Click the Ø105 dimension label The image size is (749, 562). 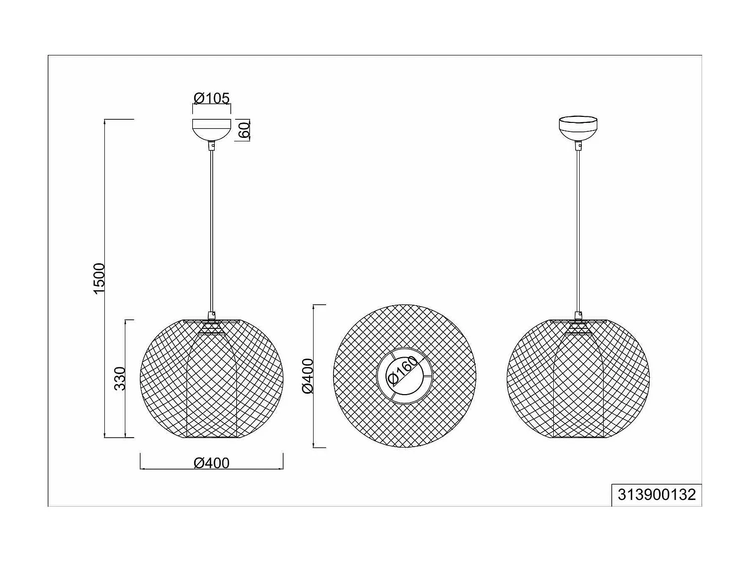212,98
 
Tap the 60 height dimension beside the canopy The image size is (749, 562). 244,130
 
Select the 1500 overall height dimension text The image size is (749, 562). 99,278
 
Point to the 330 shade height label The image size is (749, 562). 120,378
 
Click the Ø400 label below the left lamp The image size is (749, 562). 212,463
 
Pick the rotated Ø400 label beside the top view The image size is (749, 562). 308,376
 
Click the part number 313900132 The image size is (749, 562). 657,495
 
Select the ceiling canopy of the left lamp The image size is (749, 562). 212,128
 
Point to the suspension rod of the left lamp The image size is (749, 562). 212,230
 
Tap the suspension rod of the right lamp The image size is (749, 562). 578,230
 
